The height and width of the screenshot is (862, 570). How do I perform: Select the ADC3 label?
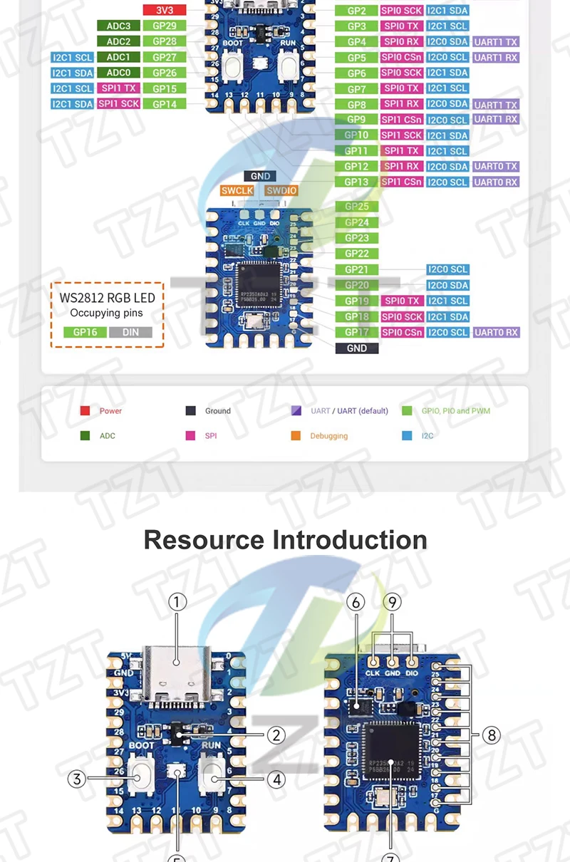tap(118, 26)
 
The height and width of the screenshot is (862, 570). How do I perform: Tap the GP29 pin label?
tap(165, 26)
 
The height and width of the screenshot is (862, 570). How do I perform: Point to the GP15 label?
tap(165, 88)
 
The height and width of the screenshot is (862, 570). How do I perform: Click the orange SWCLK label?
tap(237, 191)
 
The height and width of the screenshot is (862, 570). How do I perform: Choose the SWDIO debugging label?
tap(281, 191)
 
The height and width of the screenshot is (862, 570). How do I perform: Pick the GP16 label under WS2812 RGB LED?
tap(85, 332)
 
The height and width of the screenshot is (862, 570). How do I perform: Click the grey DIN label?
tap(130, 332)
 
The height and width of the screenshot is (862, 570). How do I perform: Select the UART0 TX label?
tap(495, 167)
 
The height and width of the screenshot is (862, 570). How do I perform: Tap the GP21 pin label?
tap(356, 270)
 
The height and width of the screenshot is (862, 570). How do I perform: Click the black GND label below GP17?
tap(356, 348)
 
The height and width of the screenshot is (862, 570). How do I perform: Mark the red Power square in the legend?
tap(85, 411)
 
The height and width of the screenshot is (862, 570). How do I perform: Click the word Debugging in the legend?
tap(328, 436)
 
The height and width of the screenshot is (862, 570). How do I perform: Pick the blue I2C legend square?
tap(407, 436)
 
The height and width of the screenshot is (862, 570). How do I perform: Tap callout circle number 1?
tap(177, 602)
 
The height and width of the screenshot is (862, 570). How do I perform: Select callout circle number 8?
tap(491, 734)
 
